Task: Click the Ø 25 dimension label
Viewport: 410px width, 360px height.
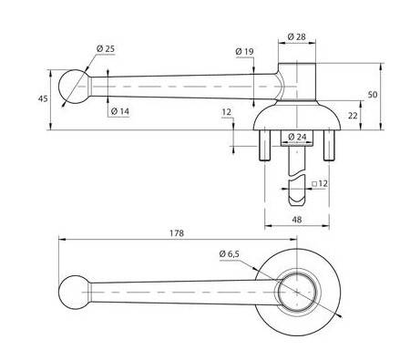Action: coord(106,48)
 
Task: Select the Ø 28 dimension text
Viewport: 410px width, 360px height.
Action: coord(296,36)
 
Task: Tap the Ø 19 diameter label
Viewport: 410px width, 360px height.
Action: coord(244,52)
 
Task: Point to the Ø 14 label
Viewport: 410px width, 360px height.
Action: coord(120,111)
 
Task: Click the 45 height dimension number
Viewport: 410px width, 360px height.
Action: coord(43,98)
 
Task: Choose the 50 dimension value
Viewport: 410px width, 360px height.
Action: coord(373,95)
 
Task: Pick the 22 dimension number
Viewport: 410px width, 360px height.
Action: coord(353,116)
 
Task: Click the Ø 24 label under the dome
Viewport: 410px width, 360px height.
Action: coord(297,137)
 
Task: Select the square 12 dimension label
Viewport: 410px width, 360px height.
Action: coord(320,183)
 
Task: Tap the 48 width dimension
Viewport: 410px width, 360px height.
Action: coord(297,219)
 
